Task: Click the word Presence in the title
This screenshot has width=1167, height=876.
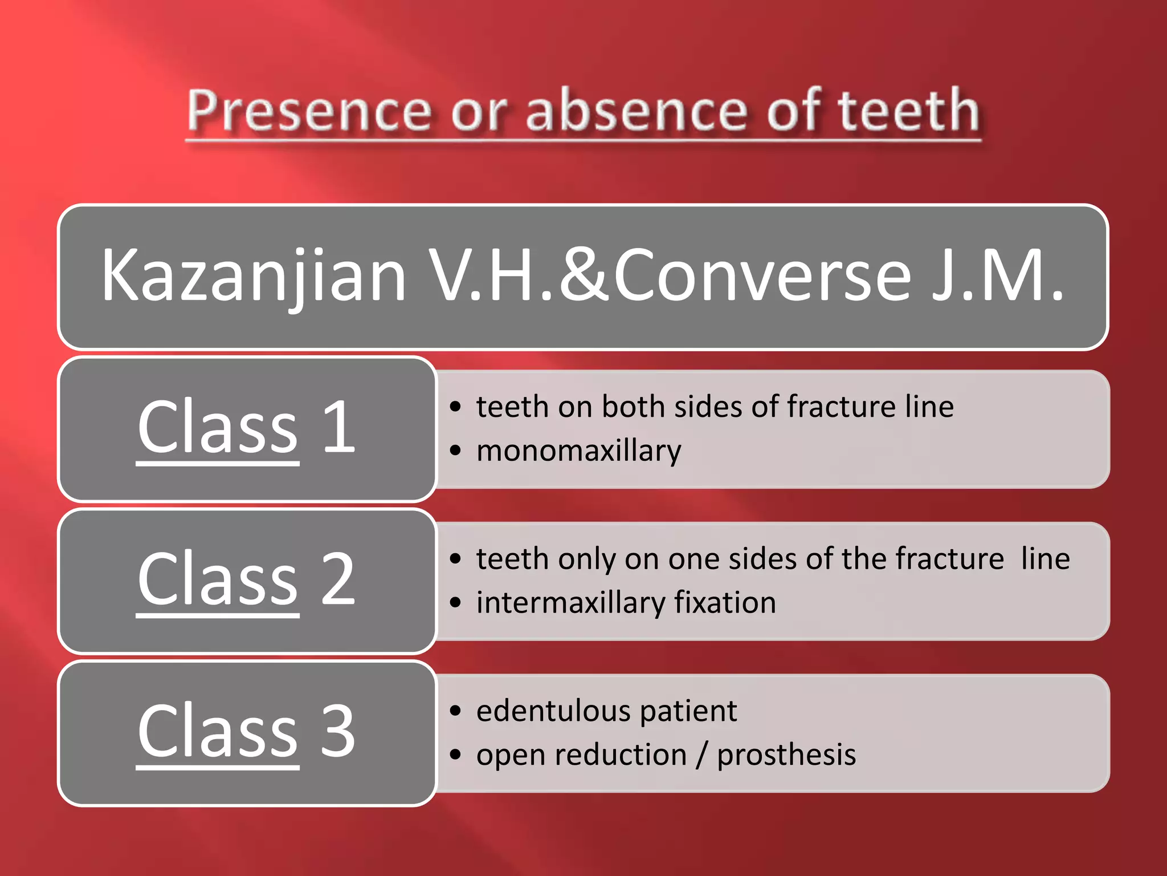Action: [x=308, y=111]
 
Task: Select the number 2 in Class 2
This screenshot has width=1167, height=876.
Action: [x=338, y=579]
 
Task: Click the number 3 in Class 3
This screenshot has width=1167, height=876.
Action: [x=338, y=731]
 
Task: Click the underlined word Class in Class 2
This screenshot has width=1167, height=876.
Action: [x=218, y=579]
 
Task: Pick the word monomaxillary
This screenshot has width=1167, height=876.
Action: [x=578, y=451]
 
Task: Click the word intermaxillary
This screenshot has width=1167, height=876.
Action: [x=570, y=603]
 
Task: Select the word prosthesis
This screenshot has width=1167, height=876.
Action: [x=786, y=755]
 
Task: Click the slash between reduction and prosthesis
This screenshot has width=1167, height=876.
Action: [x=701, y=755]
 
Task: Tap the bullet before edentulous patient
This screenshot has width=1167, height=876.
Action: [x=455, y=711]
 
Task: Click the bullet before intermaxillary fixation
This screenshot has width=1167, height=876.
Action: [x=455, y=603]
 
